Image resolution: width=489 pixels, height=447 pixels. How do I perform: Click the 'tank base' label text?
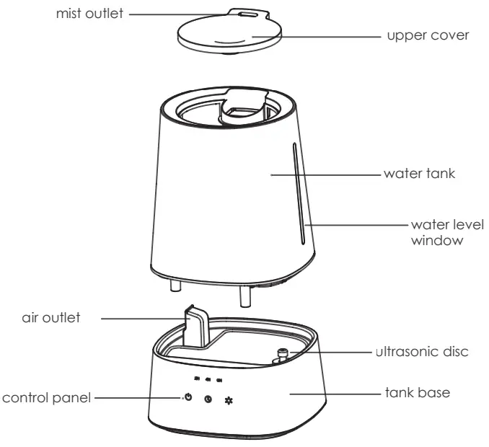[418, 394]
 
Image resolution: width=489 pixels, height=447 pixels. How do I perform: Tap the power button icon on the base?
[188, 397]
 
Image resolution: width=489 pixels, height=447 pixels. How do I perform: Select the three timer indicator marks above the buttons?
[208, 379]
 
